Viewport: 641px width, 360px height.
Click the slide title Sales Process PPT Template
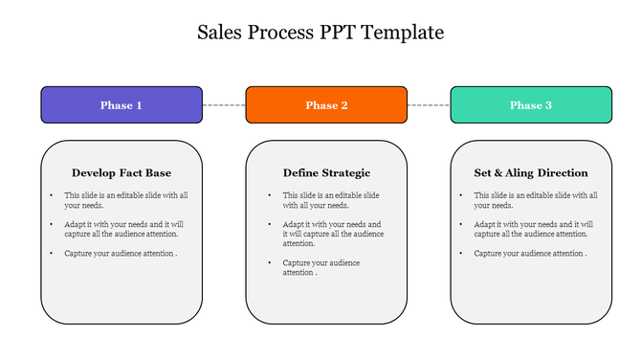[320, 33]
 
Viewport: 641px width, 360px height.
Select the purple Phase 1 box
[122, 104]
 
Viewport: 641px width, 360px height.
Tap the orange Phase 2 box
[326, 104]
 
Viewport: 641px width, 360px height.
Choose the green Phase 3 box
[531, 104]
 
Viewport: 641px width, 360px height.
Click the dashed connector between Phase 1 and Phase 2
[224, 104]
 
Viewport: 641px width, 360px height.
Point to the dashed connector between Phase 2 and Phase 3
[429, 104]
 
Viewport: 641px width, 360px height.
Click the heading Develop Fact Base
[122, 173]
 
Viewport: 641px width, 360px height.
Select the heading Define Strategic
[326, 173]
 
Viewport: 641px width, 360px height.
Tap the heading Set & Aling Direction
[531, 173]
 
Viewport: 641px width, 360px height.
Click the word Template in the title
[406, 33]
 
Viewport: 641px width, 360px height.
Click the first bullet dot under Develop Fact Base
[53, 195]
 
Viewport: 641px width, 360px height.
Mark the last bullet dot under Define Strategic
[271, 262]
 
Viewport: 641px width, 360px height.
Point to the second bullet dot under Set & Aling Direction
[462, 224]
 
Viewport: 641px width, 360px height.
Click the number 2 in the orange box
[344, 105]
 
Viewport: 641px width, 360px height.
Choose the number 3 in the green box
[548, 105]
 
